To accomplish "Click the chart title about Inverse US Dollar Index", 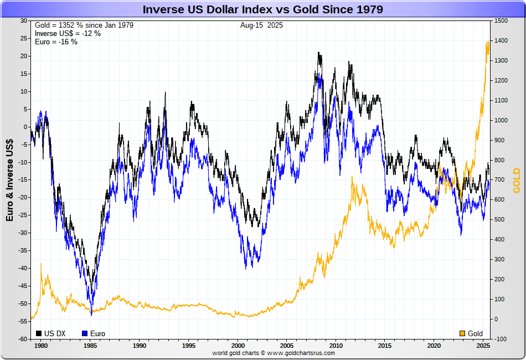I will [x=263, y=9].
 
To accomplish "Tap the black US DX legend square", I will [x=39, y=333].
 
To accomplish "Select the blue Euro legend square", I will [x=85, y=333].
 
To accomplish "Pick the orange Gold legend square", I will [x=462, y=333].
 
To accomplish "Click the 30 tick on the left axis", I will [x=23, y=20].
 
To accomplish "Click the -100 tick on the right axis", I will [x=501, y=338].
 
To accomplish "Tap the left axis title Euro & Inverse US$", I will [x=10, y=179].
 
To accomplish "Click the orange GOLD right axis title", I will [x=517, y=180].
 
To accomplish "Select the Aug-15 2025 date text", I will [x=262, y=25].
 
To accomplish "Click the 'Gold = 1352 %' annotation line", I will [x=84, y=25].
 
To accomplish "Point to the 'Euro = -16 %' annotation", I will [x=56, y=42].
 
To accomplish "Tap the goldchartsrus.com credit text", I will [x=274, y=353].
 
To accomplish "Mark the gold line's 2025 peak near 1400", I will [x=487, y=42].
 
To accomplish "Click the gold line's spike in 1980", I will [x=41, y=264].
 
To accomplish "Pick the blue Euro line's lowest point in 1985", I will [x=91, y=315].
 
